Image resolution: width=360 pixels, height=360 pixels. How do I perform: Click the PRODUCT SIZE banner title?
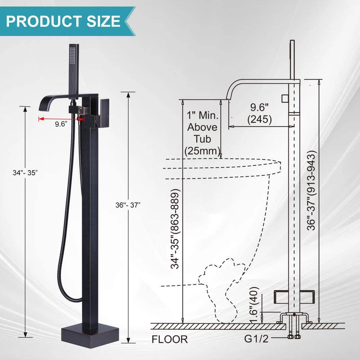click(x=63, y=21)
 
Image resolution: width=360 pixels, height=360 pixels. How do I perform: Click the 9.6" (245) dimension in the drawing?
click(x=260, y=113)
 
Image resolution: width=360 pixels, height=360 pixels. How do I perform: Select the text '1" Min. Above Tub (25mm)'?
click(x=202, y=133)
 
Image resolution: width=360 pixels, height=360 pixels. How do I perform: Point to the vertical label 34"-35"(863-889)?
click(x=176, y=229)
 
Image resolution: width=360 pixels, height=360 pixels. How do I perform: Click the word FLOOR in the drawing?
click(x=170, y=339)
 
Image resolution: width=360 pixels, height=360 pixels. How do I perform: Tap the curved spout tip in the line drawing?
click(x=228, y=96)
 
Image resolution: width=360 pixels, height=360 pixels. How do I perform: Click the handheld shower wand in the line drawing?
click(x=292, y=59)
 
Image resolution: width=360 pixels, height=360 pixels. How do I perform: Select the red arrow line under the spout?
click(x=58, y=118)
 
